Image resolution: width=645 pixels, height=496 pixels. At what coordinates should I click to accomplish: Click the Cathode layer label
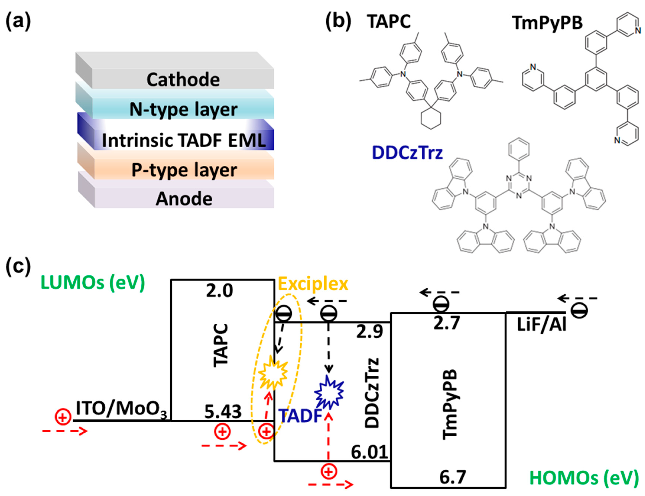point(183,80)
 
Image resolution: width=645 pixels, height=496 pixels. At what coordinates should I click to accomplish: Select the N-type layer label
point(183,110)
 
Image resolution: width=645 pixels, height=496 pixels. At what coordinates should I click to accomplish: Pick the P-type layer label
point(184,170)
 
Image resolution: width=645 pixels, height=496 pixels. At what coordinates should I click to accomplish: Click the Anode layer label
point(184,199)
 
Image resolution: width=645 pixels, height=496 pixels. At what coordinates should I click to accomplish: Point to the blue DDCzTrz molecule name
point(407,153)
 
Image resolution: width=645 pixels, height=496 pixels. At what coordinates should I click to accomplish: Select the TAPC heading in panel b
point(389,22)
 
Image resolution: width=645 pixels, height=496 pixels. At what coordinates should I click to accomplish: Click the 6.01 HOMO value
point(369,452)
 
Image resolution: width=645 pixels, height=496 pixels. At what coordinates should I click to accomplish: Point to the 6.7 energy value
point(453,477)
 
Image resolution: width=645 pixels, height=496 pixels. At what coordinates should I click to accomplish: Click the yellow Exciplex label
point(313,284)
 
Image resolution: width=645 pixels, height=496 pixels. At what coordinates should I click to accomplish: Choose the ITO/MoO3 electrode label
point(121,409)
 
